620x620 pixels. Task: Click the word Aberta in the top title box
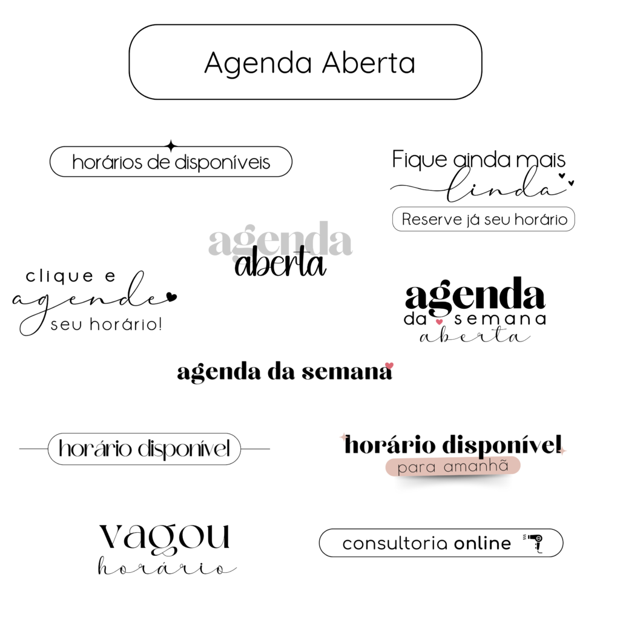[x=369, y=62]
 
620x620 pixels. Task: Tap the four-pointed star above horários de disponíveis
[x=171, y=146]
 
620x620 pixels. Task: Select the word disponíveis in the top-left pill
[x=222, y=162]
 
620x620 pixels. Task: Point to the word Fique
[x=419, y=160]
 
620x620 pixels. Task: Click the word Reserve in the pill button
[x=432, y=219]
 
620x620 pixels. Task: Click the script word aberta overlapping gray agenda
[x=280, y=262]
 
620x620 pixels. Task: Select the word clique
[x=60, y=276]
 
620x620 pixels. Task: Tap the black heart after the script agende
[x=171, y=296]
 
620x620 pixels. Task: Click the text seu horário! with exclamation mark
[x=107, y=325]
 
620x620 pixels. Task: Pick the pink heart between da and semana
[x=439, y=322]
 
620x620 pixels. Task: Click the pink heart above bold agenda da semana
[x=389, y=366]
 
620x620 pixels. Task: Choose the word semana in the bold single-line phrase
[x=347, y=372]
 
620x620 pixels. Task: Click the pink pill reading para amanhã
[x=453, y=467]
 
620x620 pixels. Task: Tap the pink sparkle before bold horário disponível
[x=343, y=437]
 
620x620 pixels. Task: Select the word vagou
[x=164, y=538]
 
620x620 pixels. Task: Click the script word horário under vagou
[x=167, y=566]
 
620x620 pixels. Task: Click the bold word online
[x=483, y=543]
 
